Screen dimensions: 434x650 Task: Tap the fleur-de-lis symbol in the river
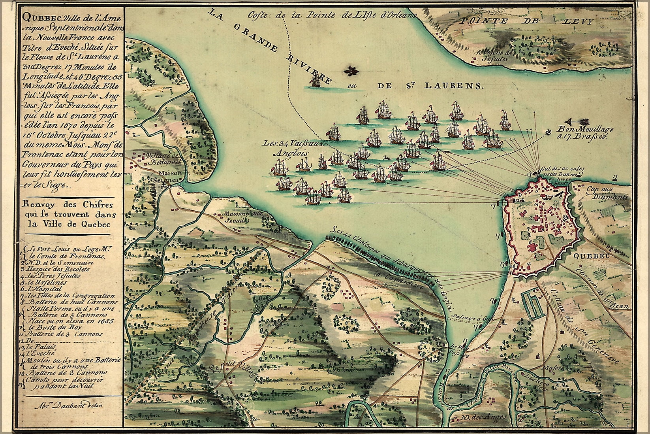pyautogui.click(x=350, y=72)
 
